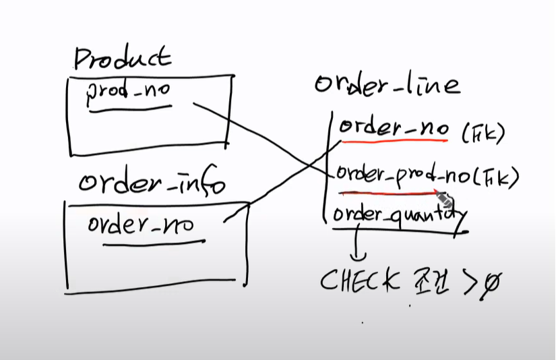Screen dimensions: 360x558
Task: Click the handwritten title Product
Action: click(x=122, y=59)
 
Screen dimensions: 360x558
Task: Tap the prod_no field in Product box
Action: click(x=129, y=95)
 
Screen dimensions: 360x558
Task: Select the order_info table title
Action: click(x=152, y=182)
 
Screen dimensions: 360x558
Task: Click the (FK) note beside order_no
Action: click(x=483, y=133)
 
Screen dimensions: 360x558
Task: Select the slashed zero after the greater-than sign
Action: click(x=491, y=284)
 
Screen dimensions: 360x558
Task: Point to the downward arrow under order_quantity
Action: click(x=359, y=246)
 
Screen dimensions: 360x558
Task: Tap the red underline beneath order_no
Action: click(x=395, y=141)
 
